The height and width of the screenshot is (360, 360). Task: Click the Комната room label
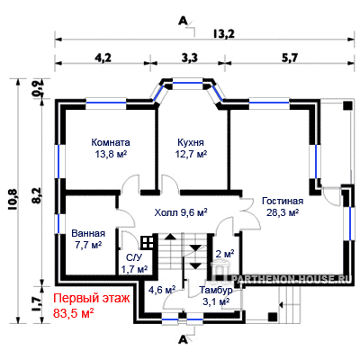[111, 142]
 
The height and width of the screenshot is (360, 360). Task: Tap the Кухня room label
[191, 142]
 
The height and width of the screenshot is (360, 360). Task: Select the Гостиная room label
[283, 201]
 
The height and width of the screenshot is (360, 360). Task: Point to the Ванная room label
[88, 233]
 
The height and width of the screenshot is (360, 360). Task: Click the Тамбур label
[216, 290]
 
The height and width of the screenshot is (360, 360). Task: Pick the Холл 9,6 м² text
[181, 212]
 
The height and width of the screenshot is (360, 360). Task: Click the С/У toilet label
[134, 257]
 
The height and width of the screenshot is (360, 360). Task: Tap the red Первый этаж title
[92, 299]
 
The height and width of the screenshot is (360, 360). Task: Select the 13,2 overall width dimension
[224, 34]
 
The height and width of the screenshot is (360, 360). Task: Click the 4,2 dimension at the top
[103, 58]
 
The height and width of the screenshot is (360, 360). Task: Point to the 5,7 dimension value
[290, 58]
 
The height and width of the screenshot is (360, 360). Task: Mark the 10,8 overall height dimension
[14, 200]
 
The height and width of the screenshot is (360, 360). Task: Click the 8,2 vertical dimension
[37, 195]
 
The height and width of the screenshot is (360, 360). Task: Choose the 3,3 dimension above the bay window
[190, 58]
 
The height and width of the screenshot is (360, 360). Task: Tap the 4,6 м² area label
[162, 290]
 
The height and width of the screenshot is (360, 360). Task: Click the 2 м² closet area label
[225, 254]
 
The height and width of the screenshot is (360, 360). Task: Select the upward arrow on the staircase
[170, 236]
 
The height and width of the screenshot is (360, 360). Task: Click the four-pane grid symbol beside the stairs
[148, 242]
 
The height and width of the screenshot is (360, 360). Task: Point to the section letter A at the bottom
[182, 339]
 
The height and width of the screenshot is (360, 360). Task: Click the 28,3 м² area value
[283, 212]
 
